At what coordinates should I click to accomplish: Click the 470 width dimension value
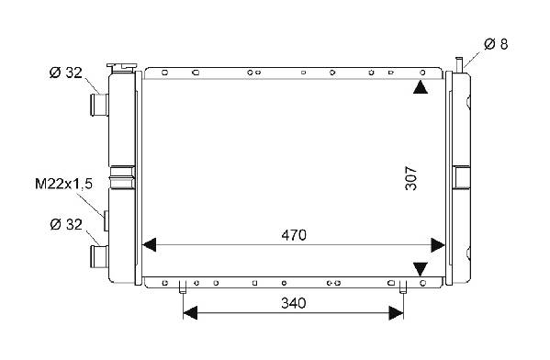(294, 235)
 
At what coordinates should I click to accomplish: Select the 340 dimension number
(294, 303)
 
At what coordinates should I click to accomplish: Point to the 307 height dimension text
(411, 178)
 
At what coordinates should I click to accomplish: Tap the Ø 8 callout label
(496, 44)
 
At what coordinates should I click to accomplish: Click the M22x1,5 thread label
(64, 184)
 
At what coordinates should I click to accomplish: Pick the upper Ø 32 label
(65, 73)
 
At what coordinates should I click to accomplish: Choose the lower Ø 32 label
(66, 224)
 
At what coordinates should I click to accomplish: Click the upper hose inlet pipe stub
(99, 105)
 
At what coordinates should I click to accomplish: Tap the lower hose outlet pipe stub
(99, 256)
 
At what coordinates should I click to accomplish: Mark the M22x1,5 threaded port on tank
(106, 221)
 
